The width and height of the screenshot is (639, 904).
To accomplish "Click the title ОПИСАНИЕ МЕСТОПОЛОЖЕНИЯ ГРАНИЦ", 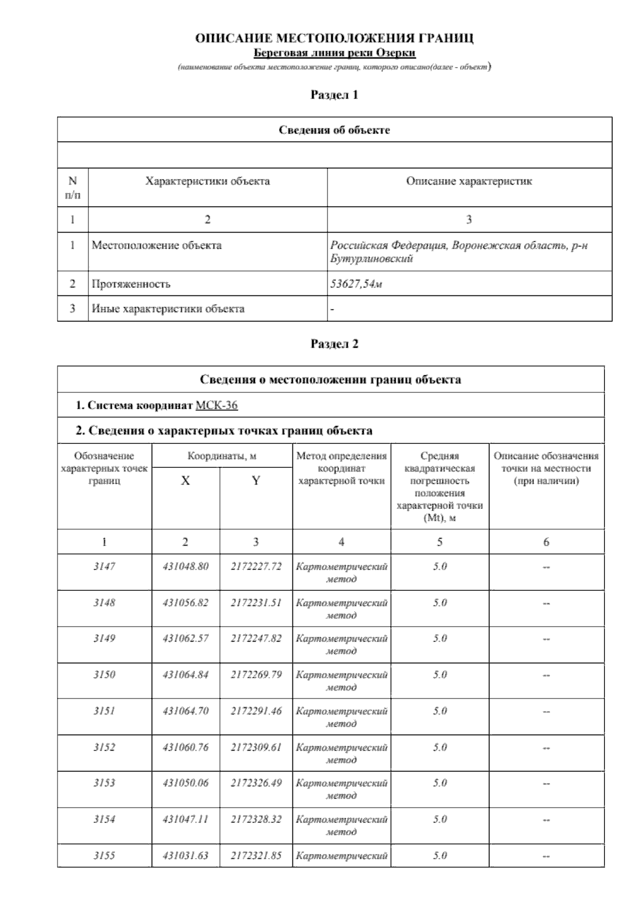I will tap(334, 38).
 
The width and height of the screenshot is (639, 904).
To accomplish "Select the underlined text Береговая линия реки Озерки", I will tap(334, 53).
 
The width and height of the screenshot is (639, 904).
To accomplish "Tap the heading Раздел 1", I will tap(334, 95).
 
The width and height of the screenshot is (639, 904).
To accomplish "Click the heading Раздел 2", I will tap(334, 344).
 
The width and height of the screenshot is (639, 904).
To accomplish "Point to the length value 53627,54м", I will tap(356, 284).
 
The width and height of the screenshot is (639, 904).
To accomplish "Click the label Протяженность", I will tap(131, 284).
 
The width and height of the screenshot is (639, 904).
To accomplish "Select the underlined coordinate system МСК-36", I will tap(217, 406).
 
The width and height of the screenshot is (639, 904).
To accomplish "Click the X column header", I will tap(185, 481).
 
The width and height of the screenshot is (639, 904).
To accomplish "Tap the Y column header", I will tap(256, 481).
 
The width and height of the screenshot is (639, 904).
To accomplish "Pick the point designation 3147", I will tap(104, 566).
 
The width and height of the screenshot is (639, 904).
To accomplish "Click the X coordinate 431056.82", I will tap(186, 603).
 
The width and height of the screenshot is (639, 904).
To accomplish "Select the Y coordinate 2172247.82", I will tap(256, 638).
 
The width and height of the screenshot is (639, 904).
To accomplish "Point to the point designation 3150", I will tap(104, 675).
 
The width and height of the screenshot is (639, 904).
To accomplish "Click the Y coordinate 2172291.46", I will tap(256, 711).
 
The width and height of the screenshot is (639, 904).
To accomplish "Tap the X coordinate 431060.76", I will tap(186, 747).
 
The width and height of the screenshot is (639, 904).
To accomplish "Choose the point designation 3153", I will tap(104, 783).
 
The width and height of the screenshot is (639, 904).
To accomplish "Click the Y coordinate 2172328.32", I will tap(256, 819).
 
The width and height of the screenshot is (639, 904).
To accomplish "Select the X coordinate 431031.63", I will tap(186, 856).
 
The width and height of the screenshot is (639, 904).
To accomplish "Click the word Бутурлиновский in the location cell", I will tap(372, 259).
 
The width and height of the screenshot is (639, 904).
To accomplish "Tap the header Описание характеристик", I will tap(469, 182).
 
